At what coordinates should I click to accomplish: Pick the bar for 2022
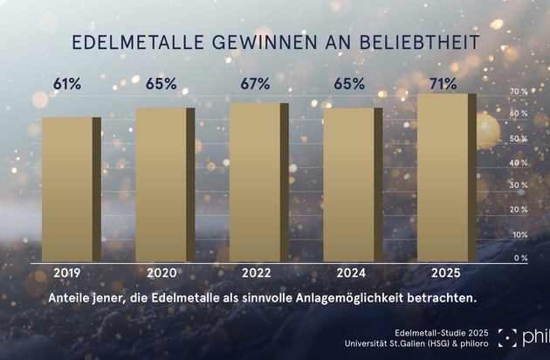(255, 183)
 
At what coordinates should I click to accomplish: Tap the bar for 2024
(349, 184)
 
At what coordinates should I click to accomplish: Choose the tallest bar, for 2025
(443, 177)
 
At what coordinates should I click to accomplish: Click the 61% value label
(68, 85)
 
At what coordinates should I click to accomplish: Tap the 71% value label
(442, 85)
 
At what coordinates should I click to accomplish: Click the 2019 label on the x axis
(68, 273)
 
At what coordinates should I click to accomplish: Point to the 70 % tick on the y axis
(519, 92)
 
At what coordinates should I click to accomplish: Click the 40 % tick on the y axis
(519, 163)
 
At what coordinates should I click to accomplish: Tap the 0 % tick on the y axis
(520, 258)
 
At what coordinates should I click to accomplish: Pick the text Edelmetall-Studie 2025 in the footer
(440, 333)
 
